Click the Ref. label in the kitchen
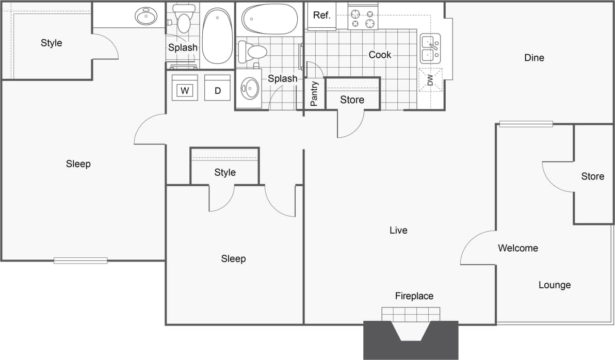point(321,15)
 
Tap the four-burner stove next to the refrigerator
point(363,19)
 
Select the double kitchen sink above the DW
point(430,49)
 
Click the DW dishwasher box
point(430,80)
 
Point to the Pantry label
point(314,94)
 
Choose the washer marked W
point(185,91)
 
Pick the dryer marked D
point(218,91)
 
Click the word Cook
point(380,55)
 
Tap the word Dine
point(534,58)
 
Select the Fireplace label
point(414,296)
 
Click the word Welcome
point(517,248)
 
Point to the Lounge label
point(555,285)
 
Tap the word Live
point(398,231)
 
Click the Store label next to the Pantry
point(352,100)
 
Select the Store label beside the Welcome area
point(592,176)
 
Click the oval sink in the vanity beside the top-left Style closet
point(147,17)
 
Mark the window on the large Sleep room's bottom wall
point(80,260)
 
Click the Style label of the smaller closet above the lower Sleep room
point(224,172)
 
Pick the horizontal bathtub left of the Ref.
point(269,19)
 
